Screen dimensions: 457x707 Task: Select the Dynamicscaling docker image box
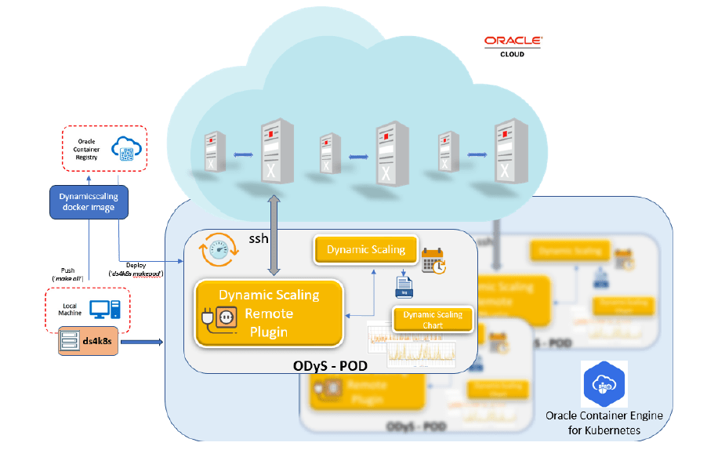tap(88, 201)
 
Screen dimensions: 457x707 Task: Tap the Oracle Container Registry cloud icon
tap(124, 148)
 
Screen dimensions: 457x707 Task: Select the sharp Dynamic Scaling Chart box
tap(433, 319)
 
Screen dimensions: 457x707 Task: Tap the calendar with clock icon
tap(433, 260)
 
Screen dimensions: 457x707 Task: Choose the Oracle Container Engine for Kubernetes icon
tap(604, 383)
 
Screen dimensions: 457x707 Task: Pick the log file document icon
tap(404, 286)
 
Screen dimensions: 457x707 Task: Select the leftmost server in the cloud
tap(211, 154)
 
